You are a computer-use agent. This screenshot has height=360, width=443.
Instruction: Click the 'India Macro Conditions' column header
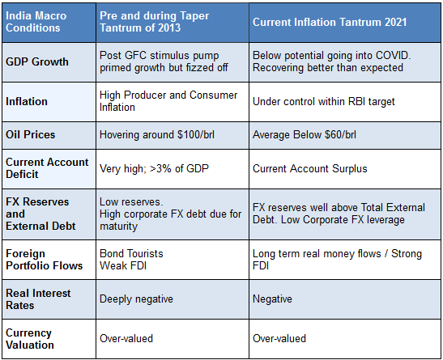coord(36,22)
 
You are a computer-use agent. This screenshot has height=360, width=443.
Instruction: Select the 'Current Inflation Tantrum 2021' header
coord(330,22)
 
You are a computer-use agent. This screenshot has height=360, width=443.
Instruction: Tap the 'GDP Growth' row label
coord(37,61)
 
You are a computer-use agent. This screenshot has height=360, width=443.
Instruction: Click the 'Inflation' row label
coord(27,102)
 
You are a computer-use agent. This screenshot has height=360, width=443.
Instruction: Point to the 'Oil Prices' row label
coord(31,134)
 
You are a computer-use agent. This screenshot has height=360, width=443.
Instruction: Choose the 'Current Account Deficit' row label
coord(47,168)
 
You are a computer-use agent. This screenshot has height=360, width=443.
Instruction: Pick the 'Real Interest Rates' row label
coord(38,299)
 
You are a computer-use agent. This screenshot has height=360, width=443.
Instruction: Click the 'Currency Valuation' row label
coord(30,339)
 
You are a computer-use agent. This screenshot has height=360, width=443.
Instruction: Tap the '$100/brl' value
coord(196,135)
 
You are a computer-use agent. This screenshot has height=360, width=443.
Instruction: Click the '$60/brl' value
coord(340,135)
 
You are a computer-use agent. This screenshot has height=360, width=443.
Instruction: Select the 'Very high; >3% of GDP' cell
coord(154,169)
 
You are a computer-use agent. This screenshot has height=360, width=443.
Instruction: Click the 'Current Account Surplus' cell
coord(310,169)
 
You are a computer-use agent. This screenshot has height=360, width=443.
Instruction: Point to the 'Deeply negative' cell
coord(136,299)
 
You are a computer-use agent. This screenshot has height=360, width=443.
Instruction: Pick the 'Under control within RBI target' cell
coord(323,102)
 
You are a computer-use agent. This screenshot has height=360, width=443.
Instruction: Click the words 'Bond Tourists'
coord(131,254)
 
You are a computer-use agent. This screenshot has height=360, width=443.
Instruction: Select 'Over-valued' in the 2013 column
coord(126,338)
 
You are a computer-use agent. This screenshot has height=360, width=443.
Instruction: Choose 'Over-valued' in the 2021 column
coord(279,338)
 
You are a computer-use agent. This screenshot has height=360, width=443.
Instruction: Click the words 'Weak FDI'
coord(123,266)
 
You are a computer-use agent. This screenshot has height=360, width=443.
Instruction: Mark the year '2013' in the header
coord(169,28)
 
